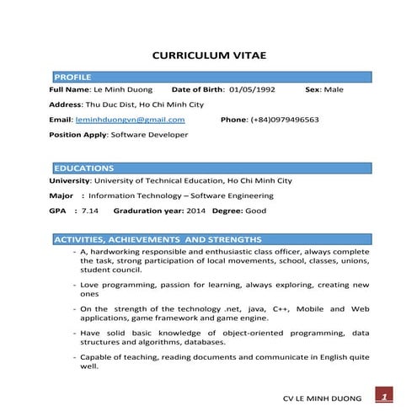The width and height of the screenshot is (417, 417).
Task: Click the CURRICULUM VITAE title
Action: coord(208,56)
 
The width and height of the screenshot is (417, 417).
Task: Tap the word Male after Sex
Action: coord(334,88)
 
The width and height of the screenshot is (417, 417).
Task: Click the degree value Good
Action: coord(256,211)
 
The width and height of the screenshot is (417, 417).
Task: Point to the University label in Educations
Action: coord(70,180)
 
